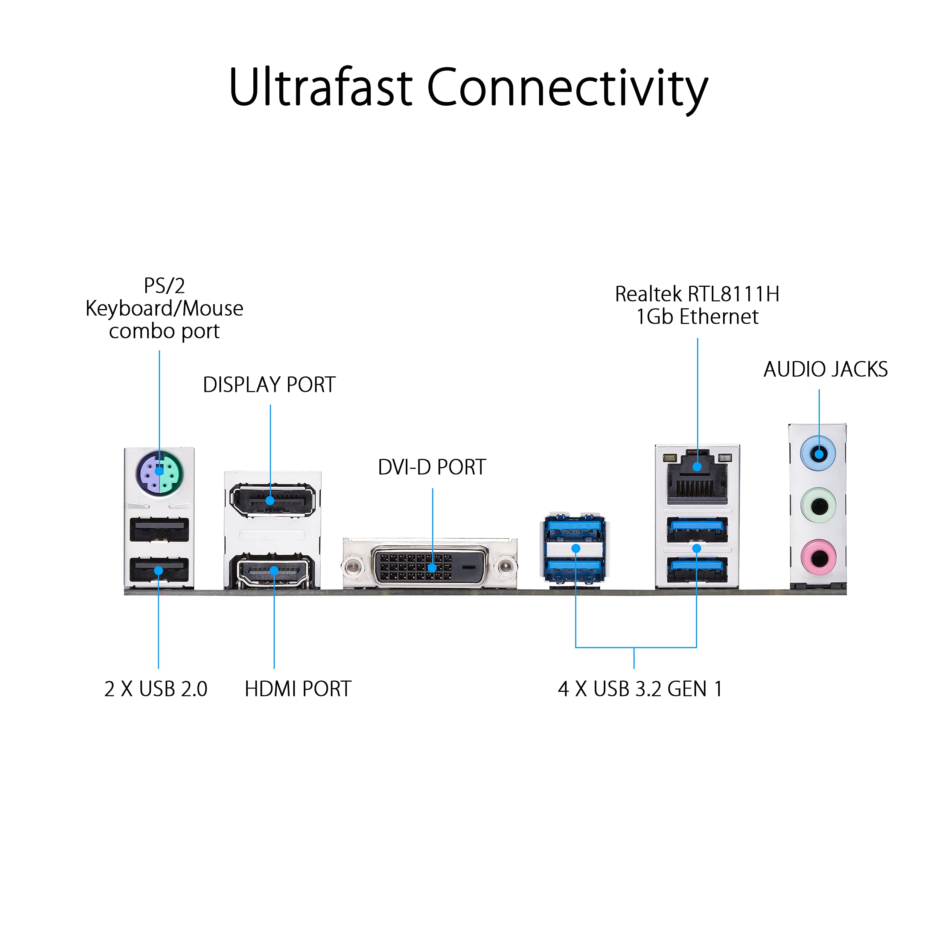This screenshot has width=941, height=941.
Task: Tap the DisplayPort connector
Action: click(x=272, y=500)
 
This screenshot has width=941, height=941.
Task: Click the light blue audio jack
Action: click(x=818, y=454)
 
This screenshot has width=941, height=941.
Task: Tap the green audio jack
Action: click(x=819, y=506)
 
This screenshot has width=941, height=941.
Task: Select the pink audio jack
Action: click(x=819, y=557)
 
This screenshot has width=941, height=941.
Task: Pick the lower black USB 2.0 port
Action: click(x=159, y=570)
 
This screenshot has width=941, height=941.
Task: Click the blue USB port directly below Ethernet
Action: click(x=697, y=530)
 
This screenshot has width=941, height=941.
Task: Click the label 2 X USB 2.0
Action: click(x=156, y=689)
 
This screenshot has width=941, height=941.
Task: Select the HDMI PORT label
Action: click(x=298, y=689)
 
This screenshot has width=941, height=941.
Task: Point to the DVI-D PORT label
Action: click(x=432, y=467)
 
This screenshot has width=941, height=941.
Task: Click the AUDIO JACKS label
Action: click(x=825, y=369)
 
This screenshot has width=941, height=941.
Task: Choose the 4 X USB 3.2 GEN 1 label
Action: click(x=640, y=689)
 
